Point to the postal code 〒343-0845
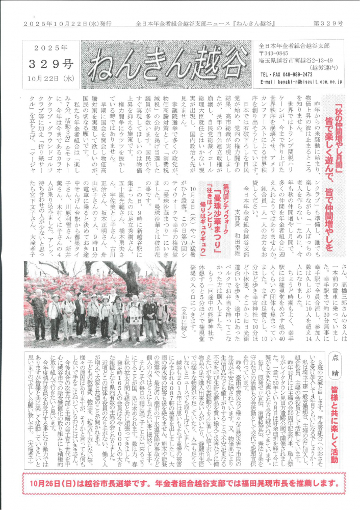point(273,54)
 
